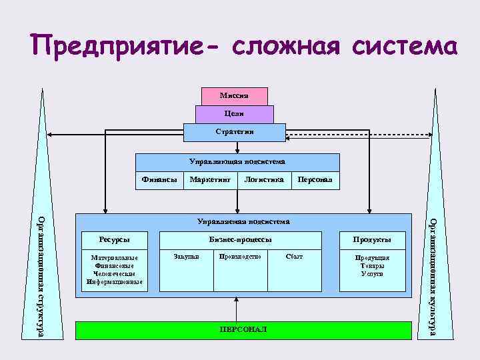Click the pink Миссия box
point(234,97)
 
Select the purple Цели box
point(234,115)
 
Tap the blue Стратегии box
point(234,132)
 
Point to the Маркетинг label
point(210,179)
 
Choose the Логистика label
point(264,179)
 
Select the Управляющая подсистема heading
point(237,161)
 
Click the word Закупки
point(186,256)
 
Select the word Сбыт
point(293,256)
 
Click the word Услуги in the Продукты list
point(372,274)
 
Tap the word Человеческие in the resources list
point(114,273)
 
